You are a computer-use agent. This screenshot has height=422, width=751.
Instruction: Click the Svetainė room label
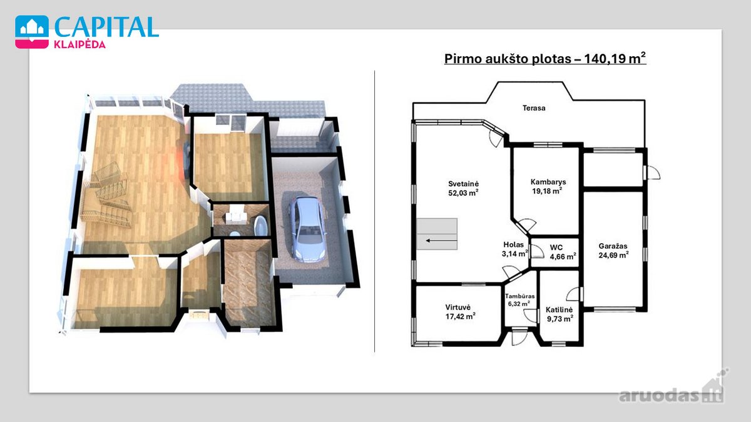463,184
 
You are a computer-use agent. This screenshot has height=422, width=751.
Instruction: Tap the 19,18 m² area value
547,191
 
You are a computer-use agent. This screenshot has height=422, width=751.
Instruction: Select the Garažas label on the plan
613,246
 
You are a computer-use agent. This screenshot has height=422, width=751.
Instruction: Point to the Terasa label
534,108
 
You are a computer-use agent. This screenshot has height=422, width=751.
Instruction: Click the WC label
556,248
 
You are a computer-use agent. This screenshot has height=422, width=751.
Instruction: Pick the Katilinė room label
559,310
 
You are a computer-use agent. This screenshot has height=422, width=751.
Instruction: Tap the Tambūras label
519,296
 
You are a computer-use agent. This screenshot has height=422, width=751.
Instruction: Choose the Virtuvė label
458,307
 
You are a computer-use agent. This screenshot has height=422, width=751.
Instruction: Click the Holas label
513,245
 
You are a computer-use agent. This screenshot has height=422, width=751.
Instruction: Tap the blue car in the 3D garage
307,229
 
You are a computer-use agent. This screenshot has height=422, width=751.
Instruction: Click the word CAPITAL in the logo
106,27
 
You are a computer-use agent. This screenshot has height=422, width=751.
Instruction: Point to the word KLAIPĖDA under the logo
80,44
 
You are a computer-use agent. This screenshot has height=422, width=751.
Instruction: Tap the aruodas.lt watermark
670,395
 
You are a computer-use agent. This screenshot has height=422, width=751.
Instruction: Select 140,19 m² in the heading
615,58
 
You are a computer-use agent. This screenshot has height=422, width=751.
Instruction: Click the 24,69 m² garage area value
613,255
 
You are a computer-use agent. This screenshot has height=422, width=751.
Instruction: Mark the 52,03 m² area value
463,193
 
